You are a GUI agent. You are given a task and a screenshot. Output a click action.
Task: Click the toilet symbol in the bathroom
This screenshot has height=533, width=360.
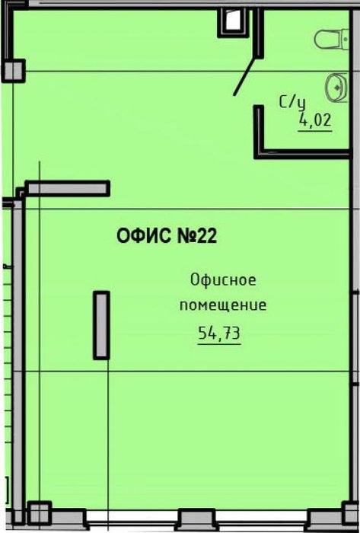point(332,40)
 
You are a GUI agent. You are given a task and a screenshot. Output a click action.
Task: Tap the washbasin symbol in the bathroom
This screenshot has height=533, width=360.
point(337,88)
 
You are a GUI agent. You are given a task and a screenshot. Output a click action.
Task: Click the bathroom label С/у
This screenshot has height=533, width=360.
point(292,103)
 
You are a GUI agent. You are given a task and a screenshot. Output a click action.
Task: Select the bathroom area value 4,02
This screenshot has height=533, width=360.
point(315,120)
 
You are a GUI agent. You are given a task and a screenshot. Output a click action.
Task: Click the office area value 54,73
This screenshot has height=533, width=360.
point(219,333)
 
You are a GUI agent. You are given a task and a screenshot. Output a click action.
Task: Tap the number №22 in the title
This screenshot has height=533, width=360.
point(197,236)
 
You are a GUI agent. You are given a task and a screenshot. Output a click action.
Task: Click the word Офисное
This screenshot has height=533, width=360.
point(223,280)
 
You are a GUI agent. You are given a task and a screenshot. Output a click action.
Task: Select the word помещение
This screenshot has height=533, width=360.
point(223,305)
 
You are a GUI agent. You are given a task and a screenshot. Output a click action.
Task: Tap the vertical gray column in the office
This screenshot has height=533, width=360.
point(101,325)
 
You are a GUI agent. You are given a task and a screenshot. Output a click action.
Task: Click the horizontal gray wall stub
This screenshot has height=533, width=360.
point(68,189)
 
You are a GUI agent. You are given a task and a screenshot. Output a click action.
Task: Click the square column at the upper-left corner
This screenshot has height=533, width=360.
point(14,71)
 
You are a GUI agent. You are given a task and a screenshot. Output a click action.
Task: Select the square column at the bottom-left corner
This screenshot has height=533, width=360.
point(39,513)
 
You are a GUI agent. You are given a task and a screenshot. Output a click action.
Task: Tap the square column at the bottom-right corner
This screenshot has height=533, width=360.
point(351,513)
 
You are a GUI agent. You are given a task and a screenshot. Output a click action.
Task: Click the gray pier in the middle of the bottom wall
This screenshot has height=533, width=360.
point(196,519)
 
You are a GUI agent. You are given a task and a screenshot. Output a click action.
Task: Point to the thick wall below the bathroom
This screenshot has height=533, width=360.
point(303,155)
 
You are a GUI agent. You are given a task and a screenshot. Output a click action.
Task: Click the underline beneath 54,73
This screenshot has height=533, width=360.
point(219,344)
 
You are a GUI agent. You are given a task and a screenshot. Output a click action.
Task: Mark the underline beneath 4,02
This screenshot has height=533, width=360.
point(315,130)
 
